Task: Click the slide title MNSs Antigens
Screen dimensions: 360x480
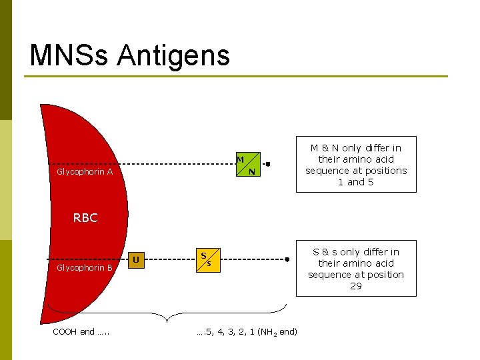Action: (129, 55)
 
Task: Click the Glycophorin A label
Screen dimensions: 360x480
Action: (85, 172)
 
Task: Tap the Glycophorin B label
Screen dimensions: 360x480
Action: (85, 268)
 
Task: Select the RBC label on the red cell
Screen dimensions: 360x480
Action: (85, 218)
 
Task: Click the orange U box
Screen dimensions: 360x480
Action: (136, 259)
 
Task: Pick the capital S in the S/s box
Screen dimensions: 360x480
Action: (203, 255)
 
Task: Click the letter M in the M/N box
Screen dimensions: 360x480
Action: (239, 159)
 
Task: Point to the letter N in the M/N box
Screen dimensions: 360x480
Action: (251, 172)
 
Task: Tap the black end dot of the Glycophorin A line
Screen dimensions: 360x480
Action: (267, 163)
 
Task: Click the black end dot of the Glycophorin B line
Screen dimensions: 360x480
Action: (287, 259)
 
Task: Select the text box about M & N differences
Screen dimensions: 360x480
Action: (356, 165)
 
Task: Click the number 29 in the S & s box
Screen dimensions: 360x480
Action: (356, 286)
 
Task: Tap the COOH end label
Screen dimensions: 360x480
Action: (80, 332)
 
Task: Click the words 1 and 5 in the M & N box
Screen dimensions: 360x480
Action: (356, 182)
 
